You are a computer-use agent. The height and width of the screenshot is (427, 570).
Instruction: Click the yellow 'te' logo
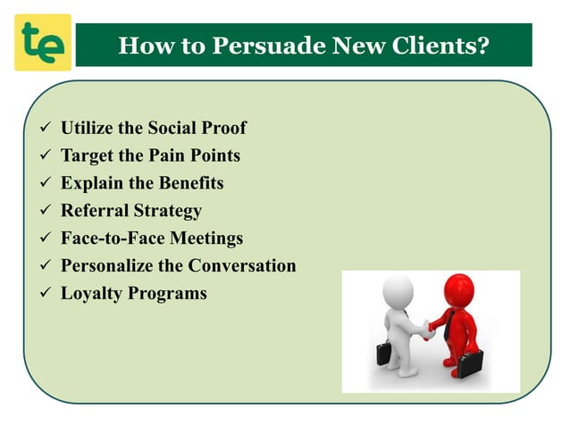[43, 43]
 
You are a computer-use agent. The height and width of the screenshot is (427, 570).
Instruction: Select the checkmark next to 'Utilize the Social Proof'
[40, 129]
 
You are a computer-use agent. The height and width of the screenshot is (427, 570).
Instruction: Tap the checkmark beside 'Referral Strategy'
[40, 212]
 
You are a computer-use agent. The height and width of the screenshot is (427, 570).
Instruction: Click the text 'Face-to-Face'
[112, 239]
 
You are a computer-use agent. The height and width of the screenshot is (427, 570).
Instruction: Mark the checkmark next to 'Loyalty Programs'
[40, 294]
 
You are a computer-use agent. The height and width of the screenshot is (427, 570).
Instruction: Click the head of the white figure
[398, 291]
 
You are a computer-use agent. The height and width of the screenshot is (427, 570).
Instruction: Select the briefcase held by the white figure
[384, 353]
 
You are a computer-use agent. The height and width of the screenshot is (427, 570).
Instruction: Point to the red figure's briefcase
[471, 363]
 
